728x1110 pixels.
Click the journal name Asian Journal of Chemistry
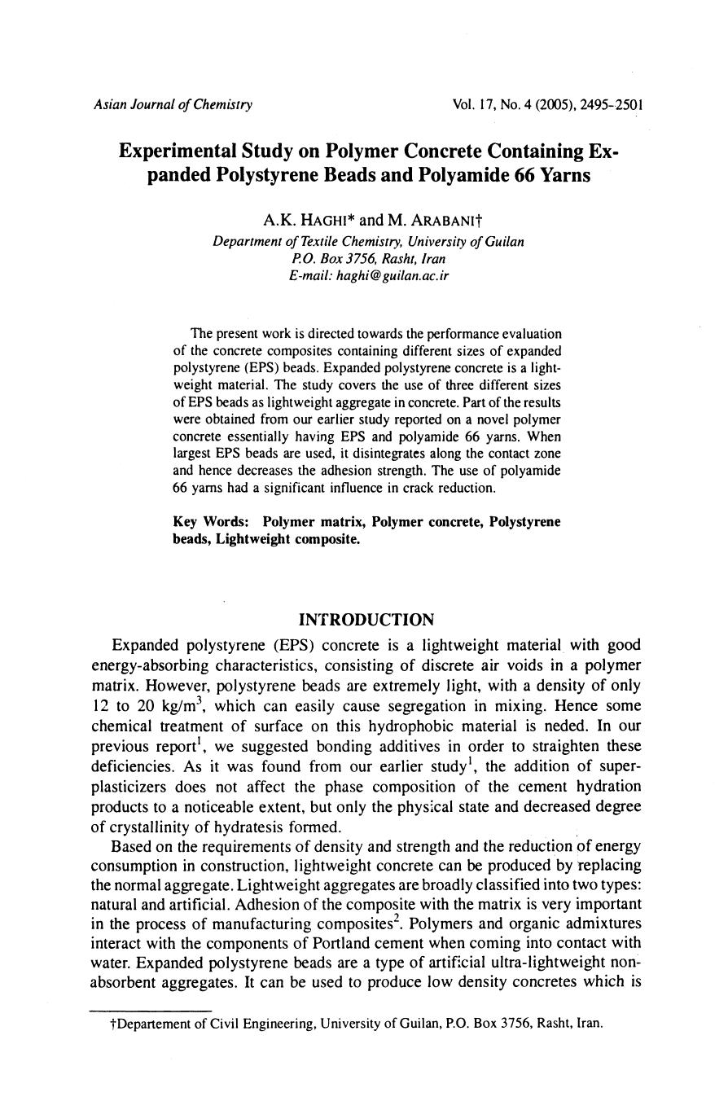(x=173, y=105)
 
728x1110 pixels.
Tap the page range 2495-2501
(x=612, y=105)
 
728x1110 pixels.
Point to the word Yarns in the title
(x=562, y=175)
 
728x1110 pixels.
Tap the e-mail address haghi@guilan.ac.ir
(x=369, y=275)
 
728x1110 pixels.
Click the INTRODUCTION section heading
(x=366, y=621)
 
